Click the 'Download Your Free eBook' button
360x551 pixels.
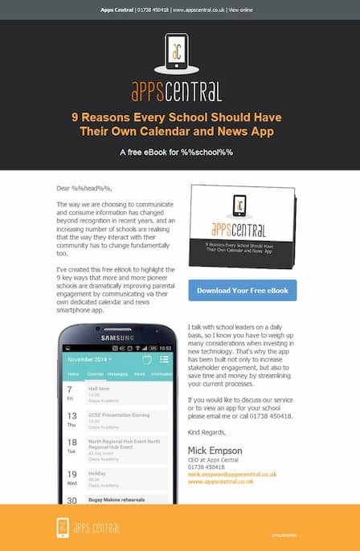[242, 290]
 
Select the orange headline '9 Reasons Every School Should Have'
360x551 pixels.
[179, 116]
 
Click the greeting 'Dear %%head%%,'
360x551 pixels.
[83, 187]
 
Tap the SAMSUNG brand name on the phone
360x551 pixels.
[119, 337]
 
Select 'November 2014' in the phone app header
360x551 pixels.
[89, 360]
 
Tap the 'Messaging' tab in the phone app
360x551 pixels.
[117, 374]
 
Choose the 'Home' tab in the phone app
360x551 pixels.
[73, 374]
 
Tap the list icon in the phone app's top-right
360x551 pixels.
[164, 359]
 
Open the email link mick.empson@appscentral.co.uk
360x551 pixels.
[232, 475]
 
